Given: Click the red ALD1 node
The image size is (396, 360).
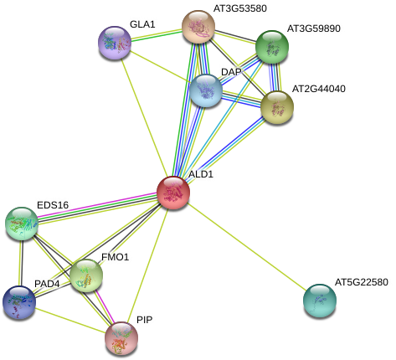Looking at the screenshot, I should coord(173,193).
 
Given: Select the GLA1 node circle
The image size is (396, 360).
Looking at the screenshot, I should coord(115,43).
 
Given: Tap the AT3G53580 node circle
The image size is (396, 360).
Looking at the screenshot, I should coord(198,27).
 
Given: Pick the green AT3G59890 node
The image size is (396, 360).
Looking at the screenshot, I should coord(272,47).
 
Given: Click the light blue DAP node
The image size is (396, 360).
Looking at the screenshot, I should coord(205,90).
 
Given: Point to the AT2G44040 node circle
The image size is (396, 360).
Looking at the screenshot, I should coord(277,106).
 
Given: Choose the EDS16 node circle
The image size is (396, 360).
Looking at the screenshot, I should coord(22,223).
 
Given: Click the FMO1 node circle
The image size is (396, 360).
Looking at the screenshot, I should coord(86,274).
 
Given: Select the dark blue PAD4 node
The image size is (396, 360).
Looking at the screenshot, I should coord(19,302).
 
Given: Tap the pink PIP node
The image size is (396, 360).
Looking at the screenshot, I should coord(121,337).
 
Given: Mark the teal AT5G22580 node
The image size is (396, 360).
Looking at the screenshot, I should coord(320,301).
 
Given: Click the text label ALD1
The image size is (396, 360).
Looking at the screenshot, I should coord(201,174).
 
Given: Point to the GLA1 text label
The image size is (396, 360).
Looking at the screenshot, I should coord(142,24).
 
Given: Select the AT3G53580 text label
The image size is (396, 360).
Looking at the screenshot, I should coord(239,8).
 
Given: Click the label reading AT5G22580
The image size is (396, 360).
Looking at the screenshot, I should coord(361,282).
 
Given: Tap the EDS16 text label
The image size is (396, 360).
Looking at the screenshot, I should coord(53,205).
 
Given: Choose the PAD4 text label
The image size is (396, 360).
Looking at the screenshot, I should coord(47,284).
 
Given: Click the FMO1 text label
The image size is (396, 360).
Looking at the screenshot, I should coord(115,256).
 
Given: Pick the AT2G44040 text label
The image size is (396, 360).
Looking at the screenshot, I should coord(317,88).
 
